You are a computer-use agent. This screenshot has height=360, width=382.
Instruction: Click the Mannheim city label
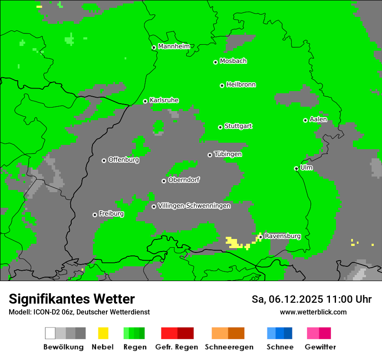(174, 46)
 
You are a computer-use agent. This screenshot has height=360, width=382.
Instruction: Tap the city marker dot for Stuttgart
(221, 127)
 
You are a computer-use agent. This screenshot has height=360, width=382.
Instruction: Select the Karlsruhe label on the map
(164, 100)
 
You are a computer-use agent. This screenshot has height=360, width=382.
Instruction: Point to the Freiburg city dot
(95, 215)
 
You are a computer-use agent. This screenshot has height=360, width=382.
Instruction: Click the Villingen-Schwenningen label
(194, 206)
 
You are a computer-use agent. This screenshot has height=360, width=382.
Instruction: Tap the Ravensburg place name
(282, 236)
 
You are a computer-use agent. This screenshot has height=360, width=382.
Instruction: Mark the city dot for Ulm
(296, 168)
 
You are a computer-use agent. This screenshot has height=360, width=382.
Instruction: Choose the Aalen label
(318, 119)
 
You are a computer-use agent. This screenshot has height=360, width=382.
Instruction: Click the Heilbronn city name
(241, 85)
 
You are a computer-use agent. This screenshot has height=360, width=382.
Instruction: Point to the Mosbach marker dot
(215, 62)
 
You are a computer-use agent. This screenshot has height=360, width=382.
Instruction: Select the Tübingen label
(228, 154)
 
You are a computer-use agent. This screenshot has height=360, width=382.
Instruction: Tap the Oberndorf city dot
(164, 181)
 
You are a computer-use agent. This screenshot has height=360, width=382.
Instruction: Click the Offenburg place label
(123, 160)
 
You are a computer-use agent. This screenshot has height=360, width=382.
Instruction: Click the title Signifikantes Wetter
(72, 299)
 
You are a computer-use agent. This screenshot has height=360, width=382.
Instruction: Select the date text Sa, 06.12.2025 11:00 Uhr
(311, 299)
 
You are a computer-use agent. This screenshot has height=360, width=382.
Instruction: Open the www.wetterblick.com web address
(313, 312)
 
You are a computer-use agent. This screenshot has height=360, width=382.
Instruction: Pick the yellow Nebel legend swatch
(103, 333)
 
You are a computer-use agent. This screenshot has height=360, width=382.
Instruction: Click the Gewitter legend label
(320, 347)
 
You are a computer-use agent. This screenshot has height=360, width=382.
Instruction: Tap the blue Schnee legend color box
(279, 333)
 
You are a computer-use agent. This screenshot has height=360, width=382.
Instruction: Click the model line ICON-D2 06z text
(79, 312)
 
